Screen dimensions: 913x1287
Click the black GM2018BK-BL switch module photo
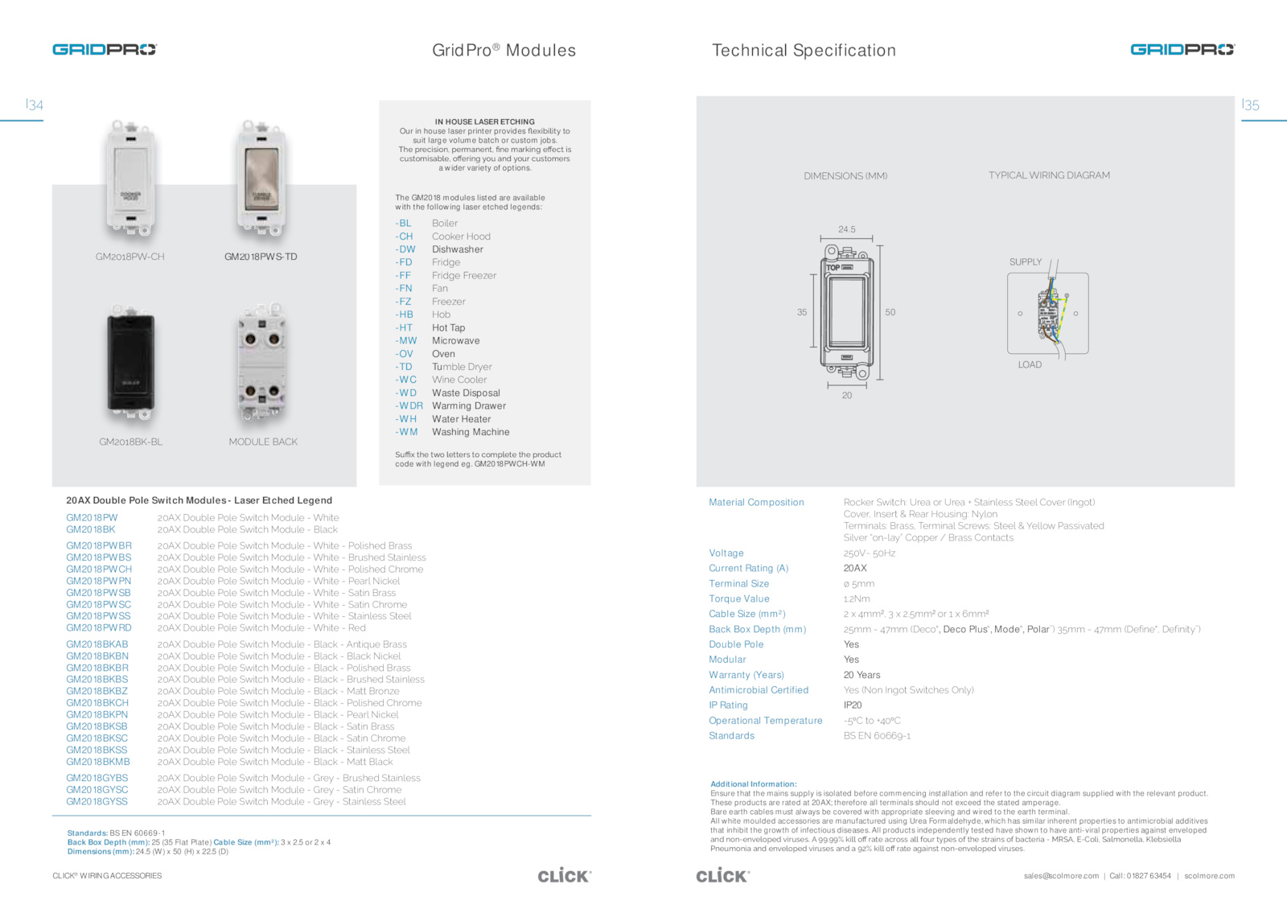(131, 364)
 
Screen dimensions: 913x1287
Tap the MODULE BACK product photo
(262, 364)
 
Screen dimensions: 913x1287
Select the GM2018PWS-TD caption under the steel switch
(261, 257)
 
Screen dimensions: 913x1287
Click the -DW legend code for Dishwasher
(405, 249)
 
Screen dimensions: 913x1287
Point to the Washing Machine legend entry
(471, 432)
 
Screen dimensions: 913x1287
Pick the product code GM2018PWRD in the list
(99, 628)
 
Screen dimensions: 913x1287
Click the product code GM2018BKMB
(98, 762)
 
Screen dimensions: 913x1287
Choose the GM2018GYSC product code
(97, 790)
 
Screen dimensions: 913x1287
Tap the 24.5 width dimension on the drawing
(847, 229)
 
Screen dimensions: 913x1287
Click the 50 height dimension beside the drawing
(890, 312)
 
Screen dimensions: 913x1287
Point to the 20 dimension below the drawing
(847, 396)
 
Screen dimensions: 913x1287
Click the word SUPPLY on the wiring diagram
(1026, 262)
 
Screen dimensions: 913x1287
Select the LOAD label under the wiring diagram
(1030, 365)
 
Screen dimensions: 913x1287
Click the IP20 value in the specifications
(853, 705)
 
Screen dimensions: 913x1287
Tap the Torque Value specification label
(739, 599)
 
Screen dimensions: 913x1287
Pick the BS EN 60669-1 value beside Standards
(877, 736)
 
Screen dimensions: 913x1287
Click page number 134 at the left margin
(35, 105)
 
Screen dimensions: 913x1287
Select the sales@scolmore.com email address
(1061, 876)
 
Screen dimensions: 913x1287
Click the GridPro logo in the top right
(1182, 50)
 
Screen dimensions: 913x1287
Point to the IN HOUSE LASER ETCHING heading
(485, 122)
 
